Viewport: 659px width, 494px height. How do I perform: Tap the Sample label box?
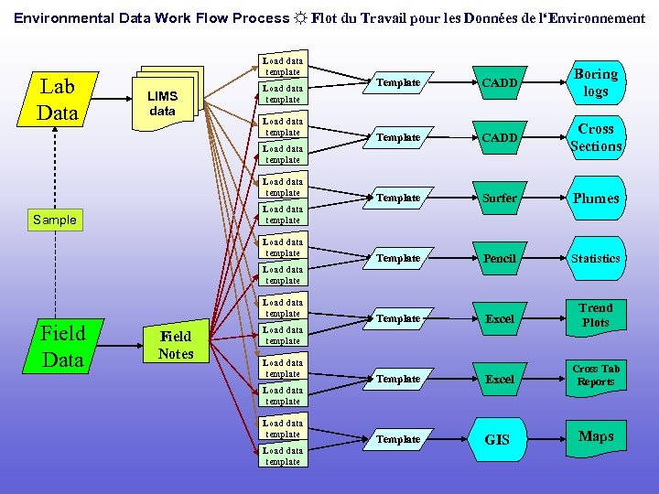point(55,220)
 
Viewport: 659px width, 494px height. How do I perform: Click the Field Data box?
point(62,347)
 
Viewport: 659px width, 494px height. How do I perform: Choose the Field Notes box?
point(176,345)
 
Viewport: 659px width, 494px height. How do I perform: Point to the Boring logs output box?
point(596,82)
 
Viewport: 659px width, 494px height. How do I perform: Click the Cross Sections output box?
point(596,137)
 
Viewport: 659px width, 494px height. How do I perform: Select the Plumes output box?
point(596,198)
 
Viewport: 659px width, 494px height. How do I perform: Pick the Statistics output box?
point(596,258)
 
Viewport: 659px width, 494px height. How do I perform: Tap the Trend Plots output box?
point(596,317)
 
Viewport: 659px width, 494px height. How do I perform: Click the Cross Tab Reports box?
point(596,376)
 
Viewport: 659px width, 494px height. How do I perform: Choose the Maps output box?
point(596,437)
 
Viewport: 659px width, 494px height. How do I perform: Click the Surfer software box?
point(500,198)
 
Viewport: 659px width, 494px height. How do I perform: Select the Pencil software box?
point(500,258)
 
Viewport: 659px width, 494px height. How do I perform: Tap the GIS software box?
point(497,439)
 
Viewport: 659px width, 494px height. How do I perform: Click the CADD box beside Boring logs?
point(500,82)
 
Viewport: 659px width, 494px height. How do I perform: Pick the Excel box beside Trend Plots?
point(500,318)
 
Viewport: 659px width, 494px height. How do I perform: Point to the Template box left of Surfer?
point(398,198)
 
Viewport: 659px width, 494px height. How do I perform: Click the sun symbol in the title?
point(300,18)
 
